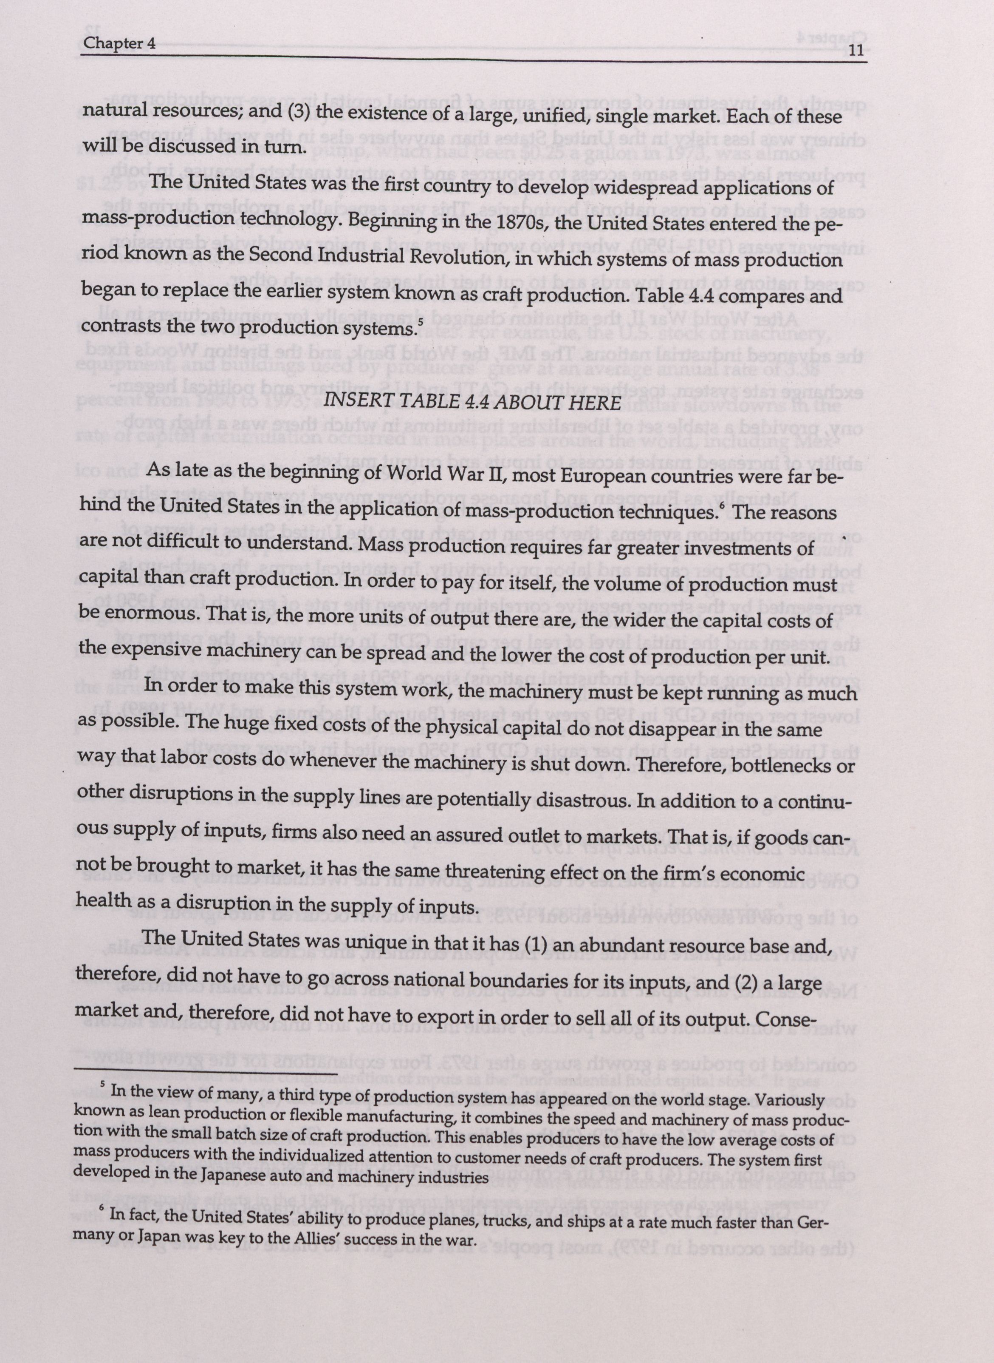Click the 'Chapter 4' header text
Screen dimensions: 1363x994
pos(119,43)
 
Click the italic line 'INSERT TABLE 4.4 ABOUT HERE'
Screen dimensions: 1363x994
pos(472,402)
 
